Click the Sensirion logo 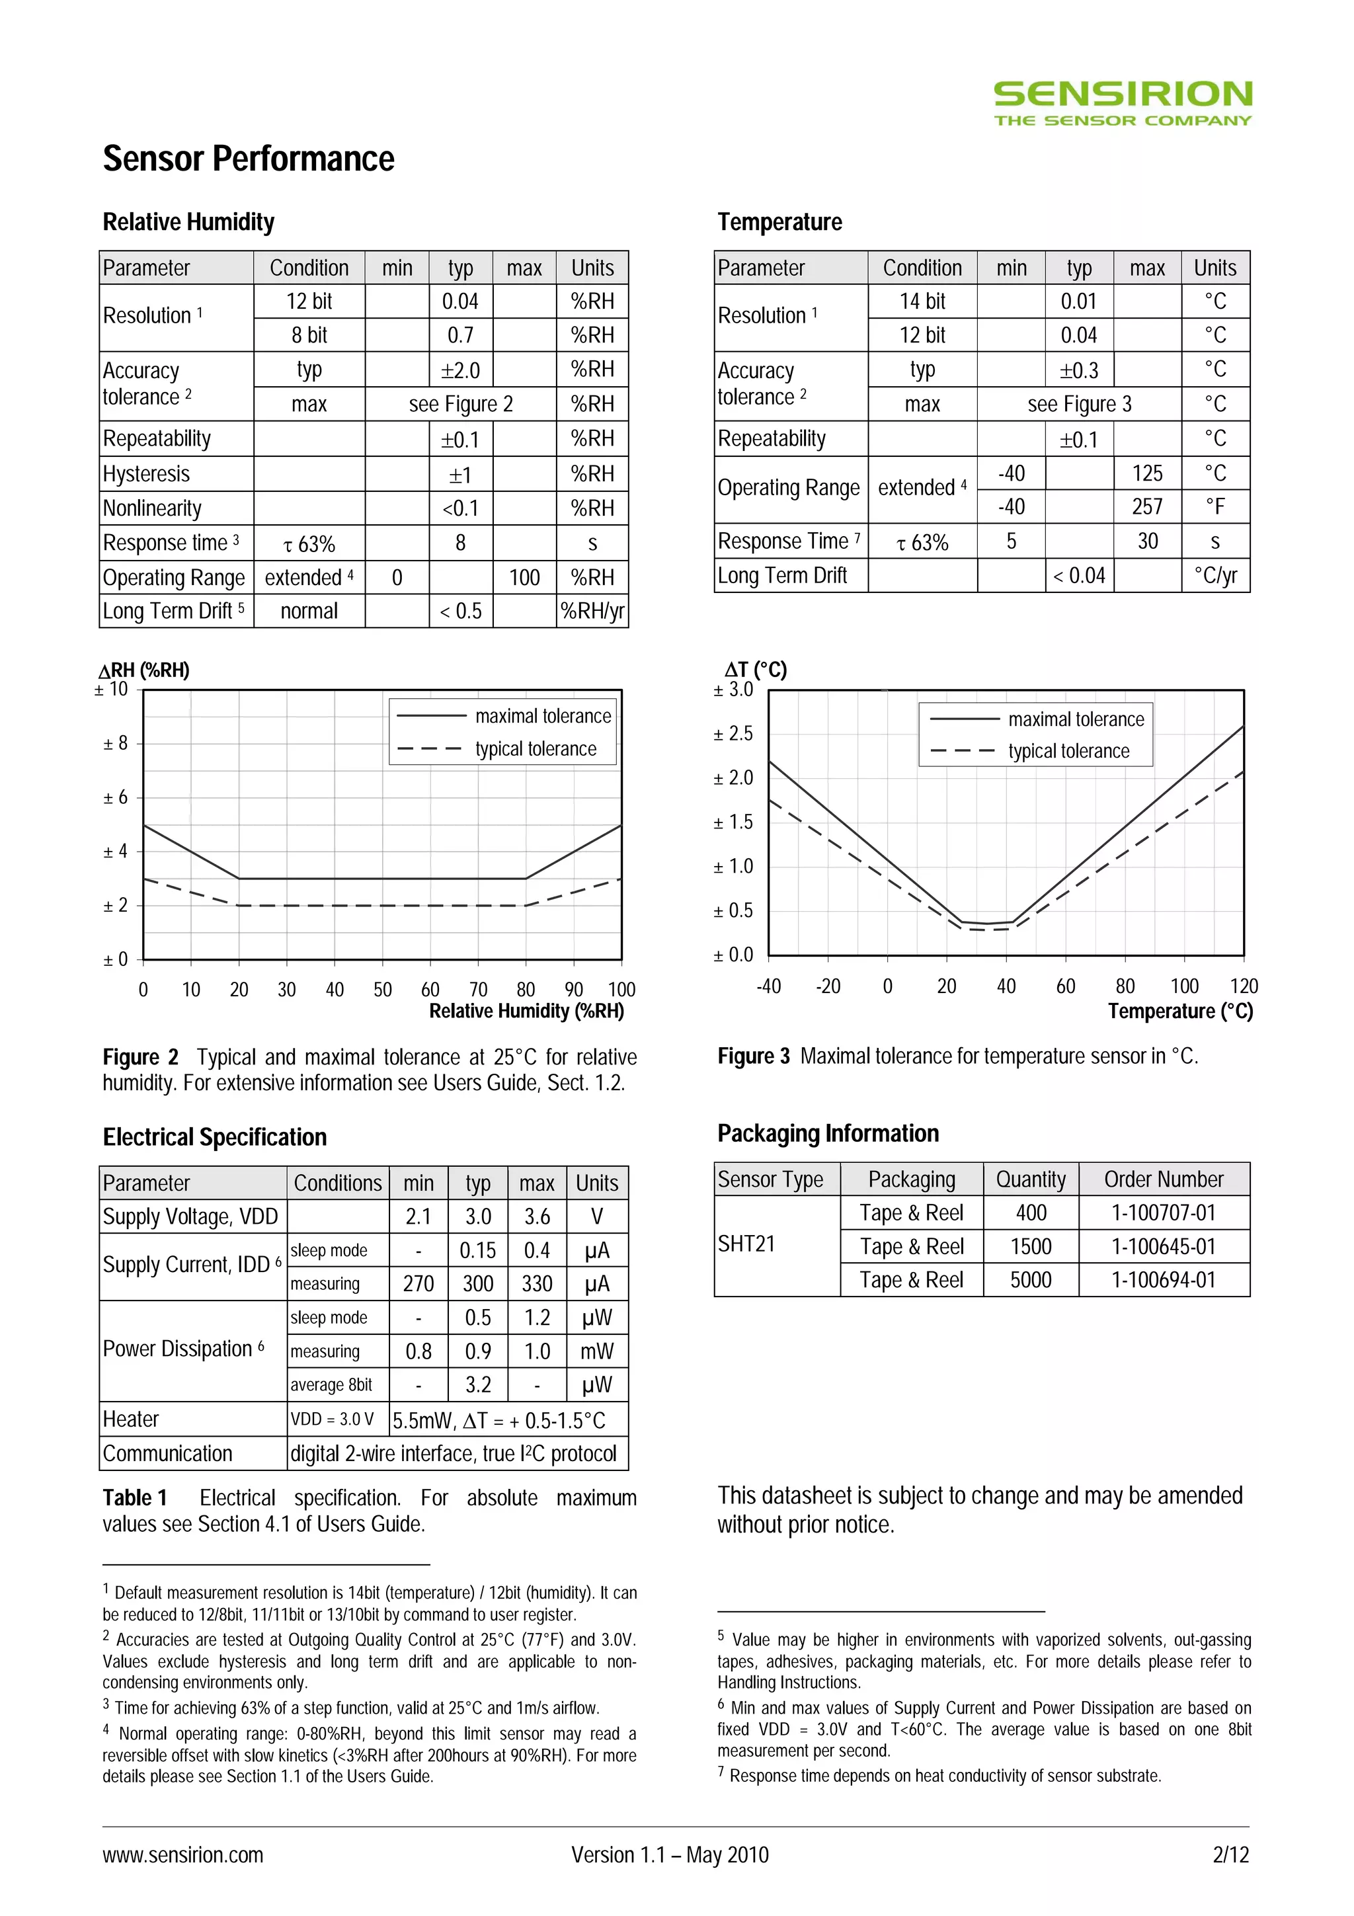pos(1122,102)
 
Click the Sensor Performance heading pos(248,159)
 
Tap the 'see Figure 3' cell pos(1079,404)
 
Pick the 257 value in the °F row pos(1147,506)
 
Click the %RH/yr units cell pos(592,611)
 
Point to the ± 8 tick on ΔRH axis pos(115,742)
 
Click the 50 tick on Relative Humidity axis pos(382,990)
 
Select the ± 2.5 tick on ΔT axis pos(733,733)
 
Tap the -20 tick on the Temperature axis pos(828,986)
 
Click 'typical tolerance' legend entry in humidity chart pos(536,748)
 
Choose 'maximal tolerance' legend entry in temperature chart pos(1076,719)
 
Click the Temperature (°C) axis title pos(1179,1012)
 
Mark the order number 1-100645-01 pos(1163,1247)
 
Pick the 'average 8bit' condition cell pos(331,1385)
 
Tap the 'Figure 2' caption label pos(140,1057)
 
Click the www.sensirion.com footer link pos(182,1855)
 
